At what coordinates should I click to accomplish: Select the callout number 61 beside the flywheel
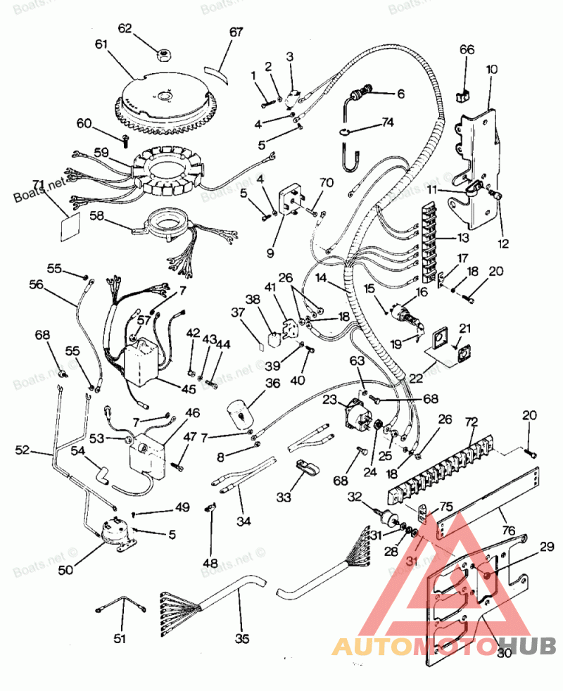coord(103,44)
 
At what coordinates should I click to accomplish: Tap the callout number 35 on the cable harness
coord(242,638)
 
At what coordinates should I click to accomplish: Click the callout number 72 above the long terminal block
coord(472,421)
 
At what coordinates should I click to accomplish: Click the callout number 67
coord(236,32)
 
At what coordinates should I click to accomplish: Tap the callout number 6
coord(400,94)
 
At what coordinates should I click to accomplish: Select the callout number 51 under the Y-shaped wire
coord(120,638)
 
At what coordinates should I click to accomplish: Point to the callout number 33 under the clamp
coord(284,497)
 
